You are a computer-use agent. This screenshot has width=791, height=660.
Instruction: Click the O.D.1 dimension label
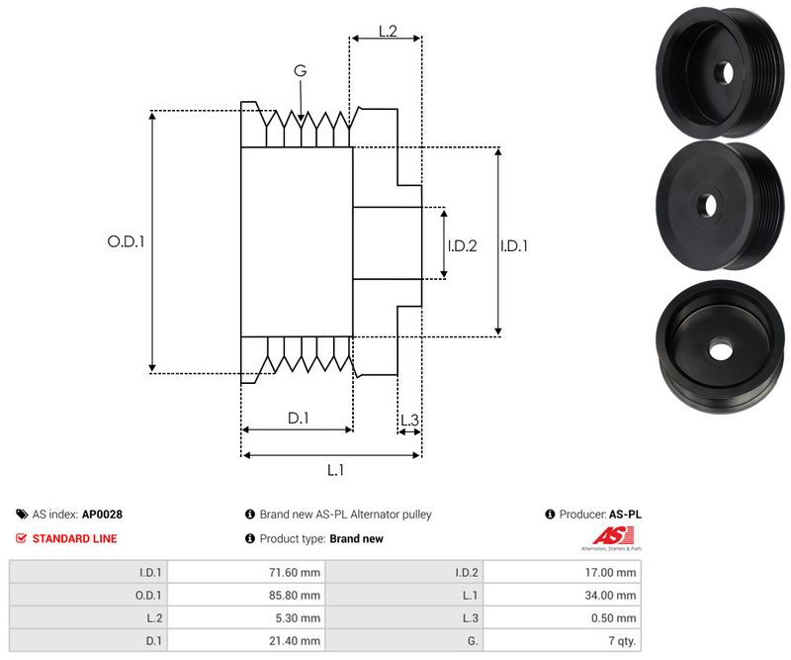click(x=126, y=240)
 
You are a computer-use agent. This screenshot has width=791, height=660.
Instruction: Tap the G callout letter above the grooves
click(x=300, y=71)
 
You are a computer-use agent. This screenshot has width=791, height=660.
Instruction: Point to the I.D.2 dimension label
click(x=462, y=245)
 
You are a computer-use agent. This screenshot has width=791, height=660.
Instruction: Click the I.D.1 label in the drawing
click(x=513, y=245)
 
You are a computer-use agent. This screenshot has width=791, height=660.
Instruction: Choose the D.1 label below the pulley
click(x=299, y=419)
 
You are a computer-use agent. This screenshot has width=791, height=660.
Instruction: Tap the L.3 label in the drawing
click(x=409, y=422)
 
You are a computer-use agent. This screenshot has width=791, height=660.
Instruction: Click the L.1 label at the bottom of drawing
click(x=334, y=470)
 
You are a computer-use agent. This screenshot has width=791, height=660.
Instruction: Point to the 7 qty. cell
click(x=622, y=641)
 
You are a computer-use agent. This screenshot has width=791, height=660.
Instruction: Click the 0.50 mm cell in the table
click(x=618, y=618)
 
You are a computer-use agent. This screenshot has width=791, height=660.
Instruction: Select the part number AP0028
click(x=102, y=515)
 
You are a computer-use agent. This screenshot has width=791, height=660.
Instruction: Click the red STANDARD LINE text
click(x=74, y=539)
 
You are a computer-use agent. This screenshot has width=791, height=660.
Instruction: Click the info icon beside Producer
click(x=549, y=515)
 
